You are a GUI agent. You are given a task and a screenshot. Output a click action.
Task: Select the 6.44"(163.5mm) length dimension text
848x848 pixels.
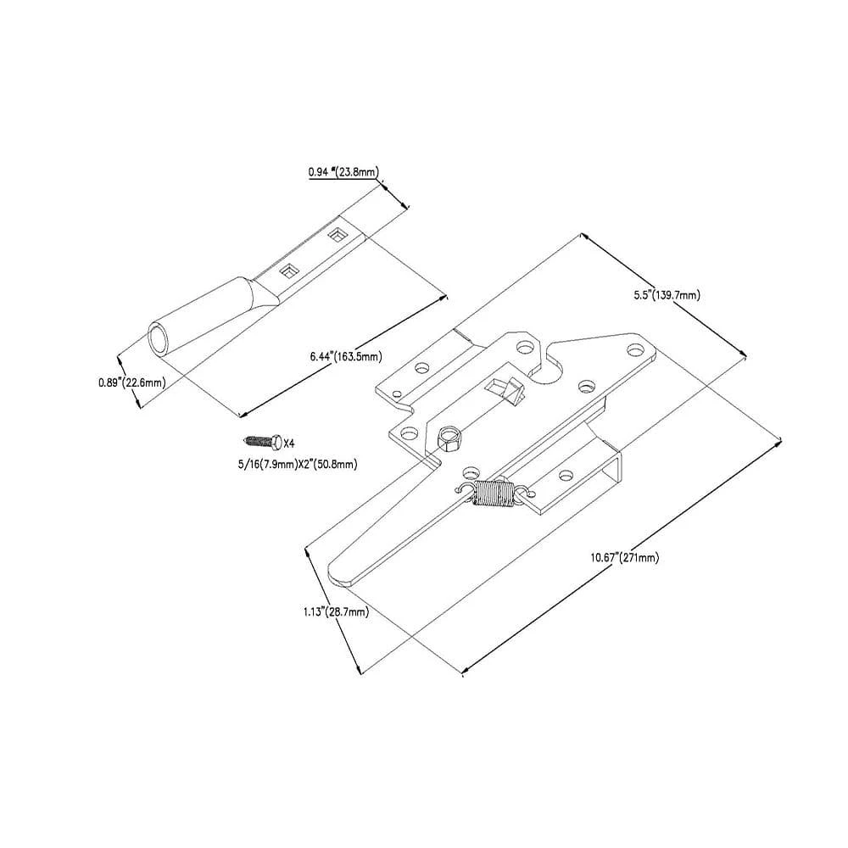click(345, 356)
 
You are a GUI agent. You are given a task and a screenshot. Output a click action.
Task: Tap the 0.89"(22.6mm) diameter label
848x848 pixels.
click(131, 382)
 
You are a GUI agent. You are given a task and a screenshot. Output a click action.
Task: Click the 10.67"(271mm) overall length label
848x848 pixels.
click(625, 557)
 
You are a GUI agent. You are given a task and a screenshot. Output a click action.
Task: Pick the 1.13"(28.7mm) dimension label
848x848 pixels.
click(335, 611)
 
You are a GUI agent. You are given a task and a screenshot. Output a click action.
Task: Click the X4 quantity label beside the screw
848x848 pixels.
click(288, 443)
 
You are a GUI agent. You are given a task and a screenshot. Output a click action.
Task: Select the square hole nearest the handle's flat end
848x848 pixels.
click(338, 232)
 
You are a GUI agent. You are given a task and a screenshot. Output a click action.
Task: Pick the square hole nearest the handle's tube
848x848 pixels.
click(289, 270)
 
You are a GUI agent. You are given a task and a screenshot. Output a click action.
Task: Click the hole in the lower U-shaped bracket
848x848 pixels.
click(561, 475)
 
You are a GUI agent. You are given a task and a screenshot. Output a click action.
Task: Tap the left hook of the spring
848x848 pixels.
click(464, 489)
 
